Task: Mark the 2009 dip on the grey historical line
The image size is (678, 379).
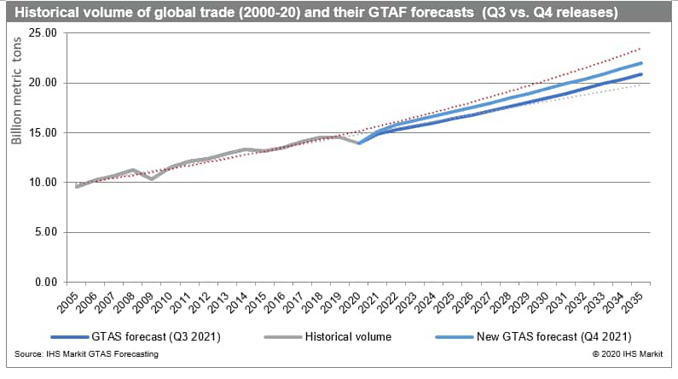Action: [152, 179]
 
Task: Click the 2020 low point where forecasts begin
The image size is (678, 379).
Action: [359, 143]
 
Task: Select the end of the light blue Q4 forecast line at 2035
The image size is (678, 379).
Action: [641, 63]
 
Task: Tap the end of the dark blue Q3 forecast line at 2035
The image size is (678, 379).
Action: [641, 74]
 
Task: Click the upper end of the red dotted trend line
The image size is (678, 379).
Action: [641, 49]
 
